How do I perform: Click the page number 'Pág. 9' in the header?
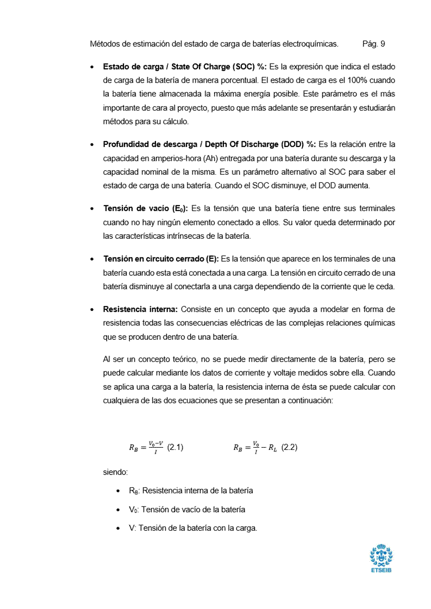click(373, 43)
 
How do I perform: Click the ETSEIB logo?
click(381, 559)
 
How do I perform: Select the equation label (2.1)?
click(175, 448)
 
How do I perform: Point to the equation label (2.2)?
click(289, 448)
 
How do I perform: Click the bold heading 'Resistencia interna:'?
click(140, 309)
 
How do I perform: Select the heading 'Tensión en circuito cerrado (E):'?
click(161, 259)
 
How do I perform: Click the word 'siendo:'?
click(115, 472)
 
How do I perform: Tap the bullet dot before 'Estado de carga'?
click(91, 67)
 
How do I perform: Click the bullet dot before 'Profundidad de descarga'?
click(91, 145)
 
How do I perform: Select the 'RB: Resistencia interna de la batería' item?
click(191, 491)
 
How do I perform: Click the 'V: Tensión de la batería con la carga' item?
click(193, 528)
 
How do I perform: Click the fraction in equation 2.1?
click(156, 448)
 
